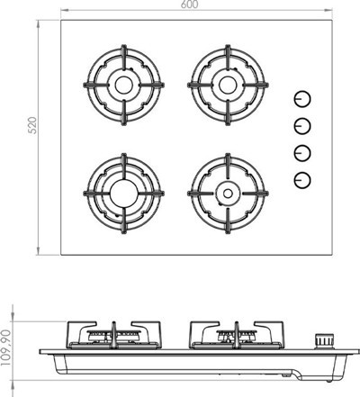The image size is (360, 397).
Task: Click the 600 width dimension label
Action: [x=190, y=5]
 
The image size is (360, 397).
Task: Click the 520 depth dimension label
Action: [x=32, y=125]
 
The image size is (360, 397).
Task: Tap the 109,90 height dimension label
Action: [x=5, y=347]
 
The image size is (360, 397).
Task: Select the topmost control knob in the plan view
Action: [x=302, y=99]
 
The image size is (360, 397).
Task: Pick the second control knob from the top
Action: [x=302, y=126]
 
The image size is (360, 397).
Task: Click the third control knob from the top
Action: [x=302, y=153]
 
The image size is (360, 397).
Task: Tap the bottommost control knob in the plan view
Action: [x=302, y=180]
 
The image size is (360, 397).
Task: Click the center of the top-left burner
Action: [x=124, y=85]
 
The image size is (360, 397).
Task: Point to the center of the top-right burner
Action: [x=228, y=85]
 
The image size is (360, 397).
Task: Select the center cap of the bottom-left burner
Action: [x=124, y=194]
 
